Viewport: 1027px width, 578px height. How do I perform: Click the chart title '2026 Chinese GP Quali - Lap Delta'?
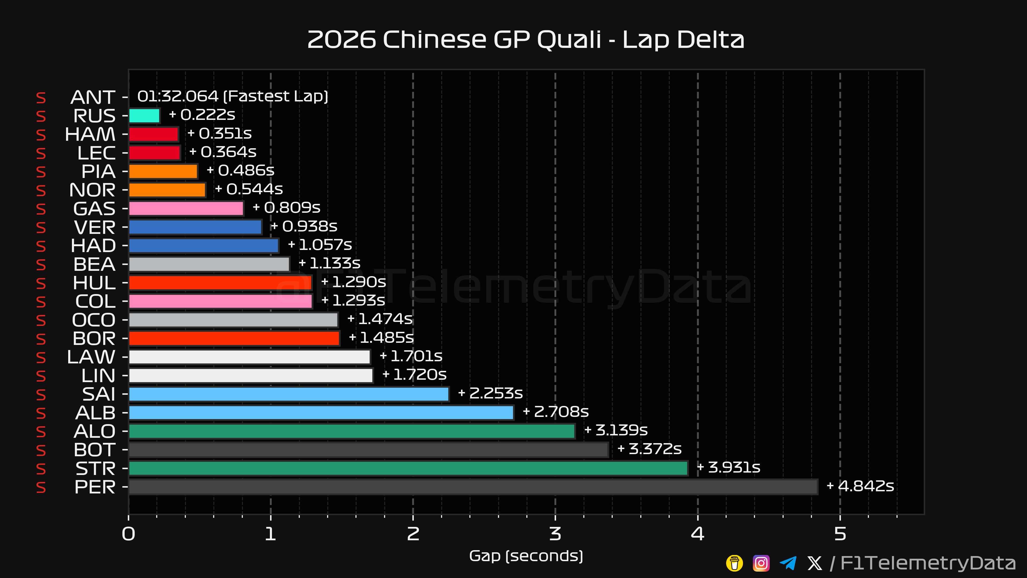tap(526, 40)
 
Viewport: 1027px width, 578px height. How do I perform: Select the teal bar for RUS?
tap(144, 116)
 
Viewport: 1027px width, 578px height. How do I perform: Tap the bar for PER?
tap(473, 487)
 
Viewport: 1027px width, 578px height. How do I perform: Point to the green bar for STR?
tap(408, 468)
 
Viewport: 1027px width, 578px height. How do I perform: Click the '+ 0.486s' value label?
tap(240, 170)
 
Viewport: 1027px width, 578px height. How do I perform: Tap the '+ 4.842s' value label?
tap(860, 486)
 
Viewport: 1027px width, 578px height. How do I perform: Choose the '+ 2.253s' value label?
tap(490, 393)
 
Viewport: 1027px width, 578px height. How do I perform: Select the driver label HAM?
tap(90, 134)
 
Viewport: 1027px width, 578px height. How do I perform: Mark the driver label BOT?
tap(94, 450)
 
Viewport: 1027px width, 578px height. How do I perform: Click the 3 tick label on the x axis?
tap(555, 534)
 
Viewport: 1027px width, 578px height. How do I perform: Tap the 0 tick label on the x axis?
tap(128, 534)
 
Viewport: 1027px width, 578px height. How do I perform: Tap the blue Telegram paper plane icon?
tap(788, 563)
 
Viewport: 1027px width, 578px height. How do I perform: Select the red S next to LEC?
tap(41, 153)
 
